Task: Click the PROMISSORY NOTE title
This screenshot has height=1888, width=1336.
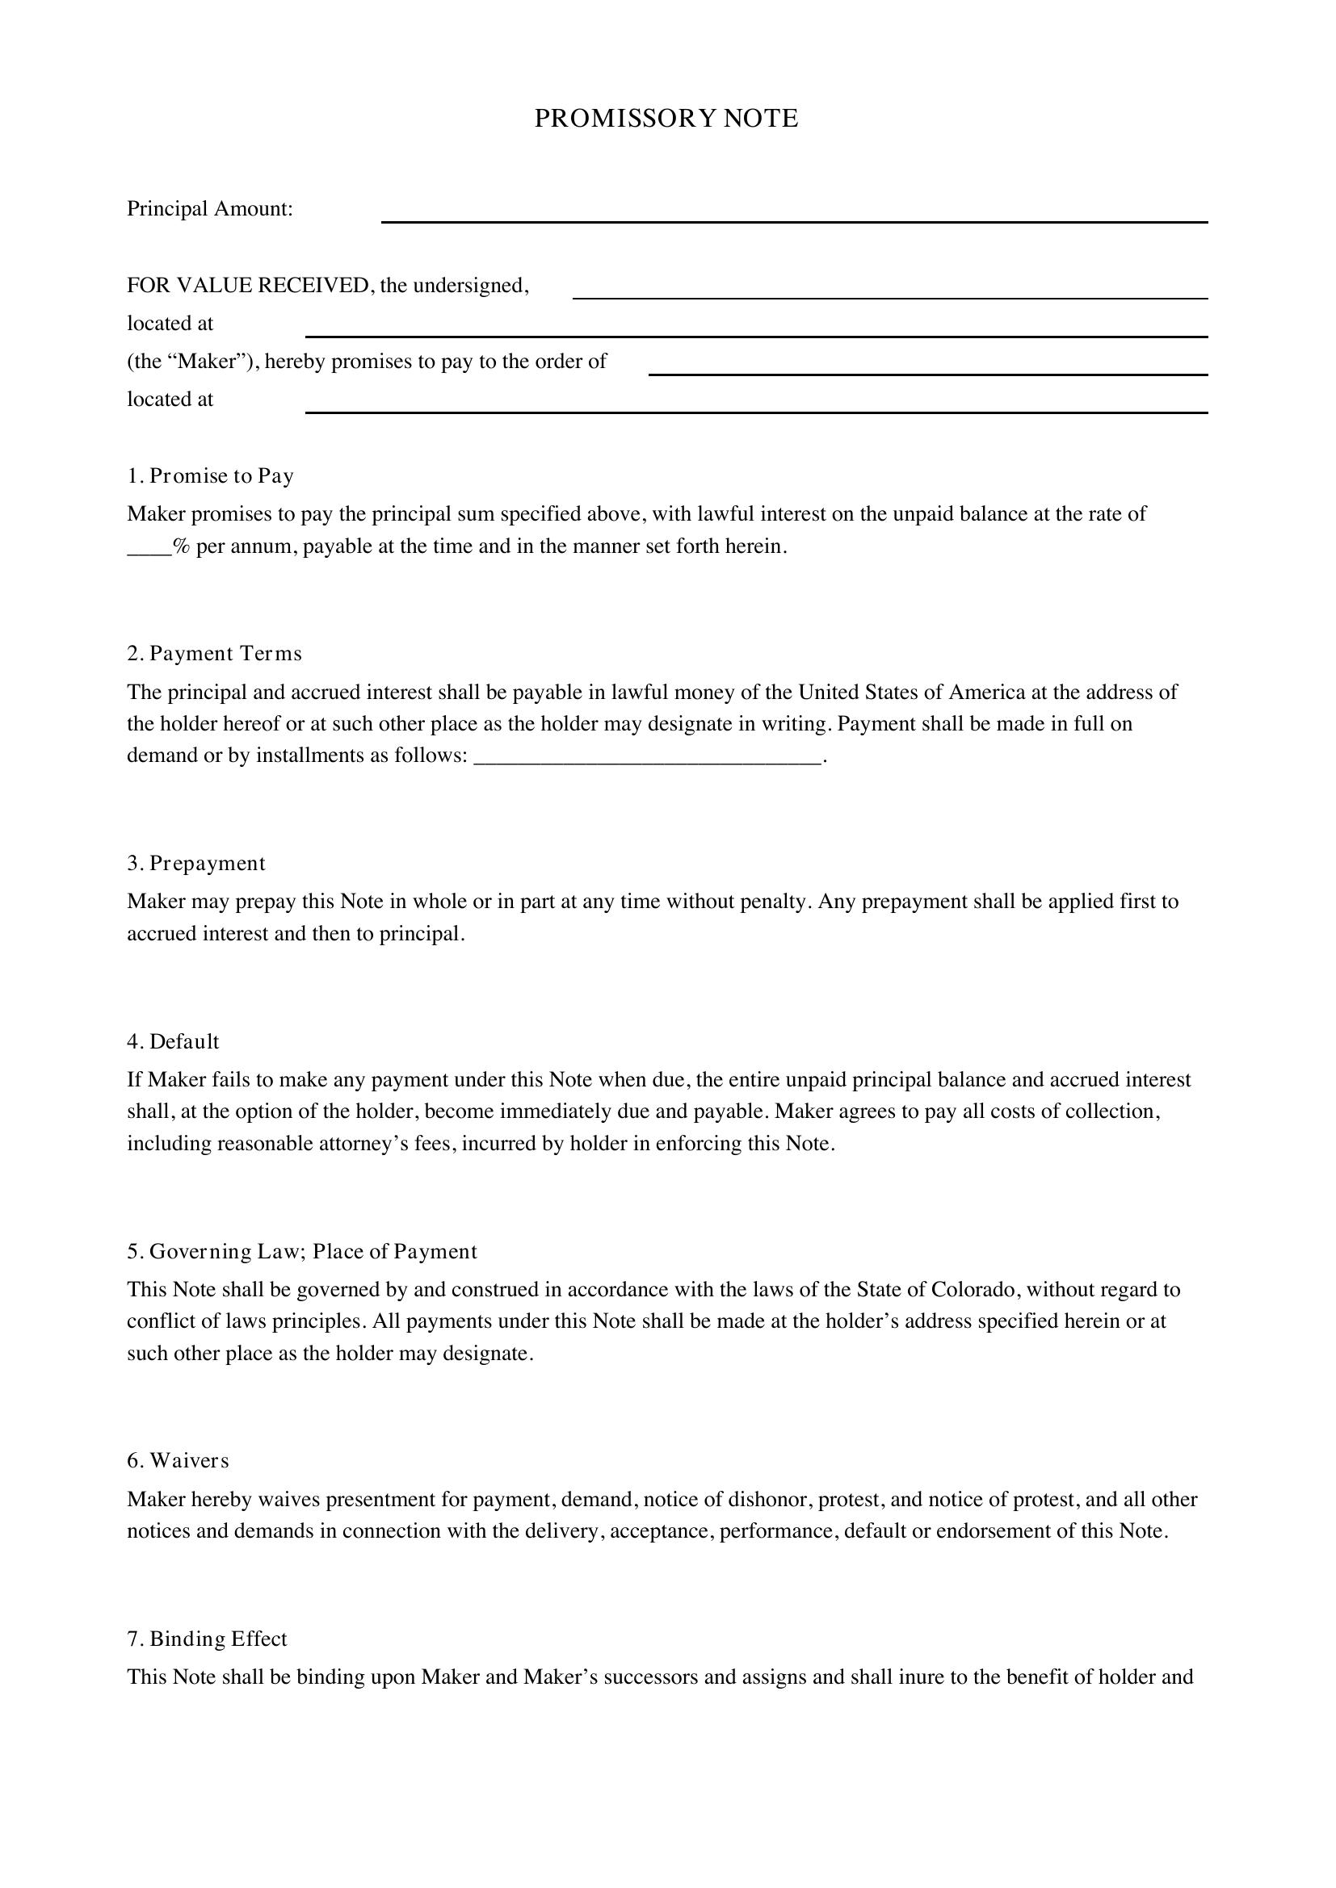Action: coord(666,119)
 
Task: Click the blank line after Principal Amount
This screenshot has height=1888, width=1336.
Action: coord(794,216)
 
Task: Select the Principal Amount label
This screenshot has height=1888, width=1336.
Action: coord(210,209)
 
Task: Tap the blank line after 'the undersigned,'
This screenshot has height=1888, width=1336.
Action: coord(889,291)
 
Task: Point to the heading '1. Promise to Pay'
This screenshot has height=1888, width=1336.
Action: coord(210,476)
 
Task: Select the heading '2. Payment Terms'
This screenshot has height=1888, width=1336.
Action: coord(214,654)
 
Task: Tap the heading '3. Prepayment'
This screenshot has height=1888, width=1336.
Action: coord(195,864)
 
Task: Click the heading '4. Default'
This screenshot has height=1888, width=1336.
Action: coord(173,1042)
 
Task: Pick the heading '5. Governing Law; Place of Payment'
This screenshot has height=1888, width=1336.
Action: coord(301,1252)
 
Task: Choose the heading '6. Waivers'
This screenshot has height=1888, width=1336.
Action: coord(178,1461)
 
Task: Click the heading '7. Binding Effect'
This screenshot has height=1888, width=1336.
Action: coord(207,1639)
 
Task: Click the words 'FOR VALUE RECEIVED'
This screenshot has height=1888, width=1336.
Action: coord(248,285)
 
